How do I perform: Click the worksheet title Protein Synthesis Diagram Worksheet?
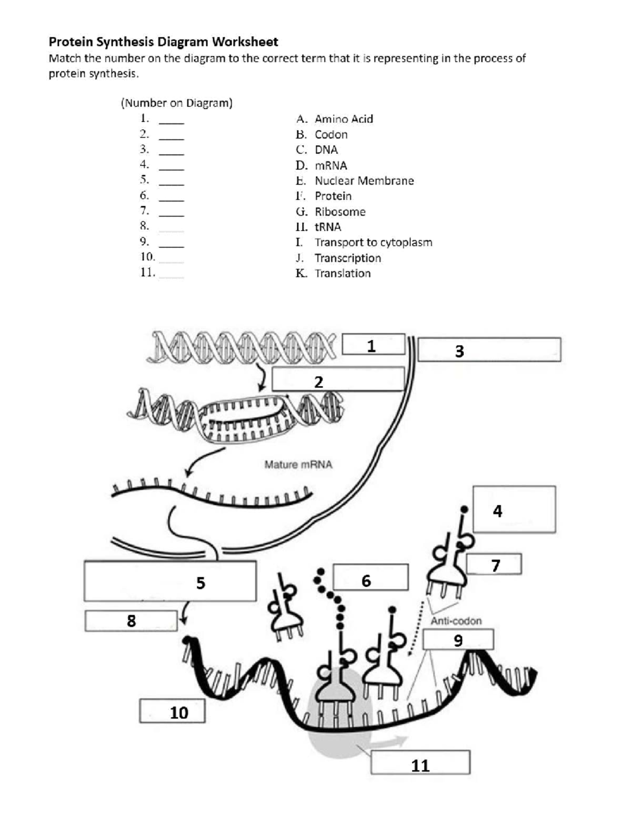click(x=163, y=42)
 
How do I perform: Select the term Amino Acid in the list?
click(x=343, y=119)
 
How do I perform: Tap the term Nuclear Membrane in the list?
click(x=364, y=181)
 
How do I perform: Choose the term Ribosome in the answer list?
click(x=340, y=212)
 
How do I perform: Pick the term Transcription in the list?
click(x=348, y=258)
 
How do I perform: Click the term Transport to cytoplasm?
click(x=373, y=242)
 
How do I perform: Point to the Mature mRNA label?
click(x=298, y=465)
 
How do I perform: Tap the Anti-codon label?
click(x=456, y=621)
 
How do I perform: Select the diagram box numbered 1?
click(x=374, y=345)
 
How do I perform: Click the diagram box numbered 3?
click(x=489, y=350)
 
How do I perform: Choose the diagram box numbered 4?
click(x=514, y=510)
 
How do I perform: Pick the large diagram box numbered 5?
click(x=170, y=581)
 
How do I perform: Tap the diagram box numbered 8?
click(x=131, y=621)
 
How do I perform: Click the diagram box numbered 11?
click(x=420, y=762)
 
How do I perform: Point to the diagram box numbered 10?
click(x=172, y=711)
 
